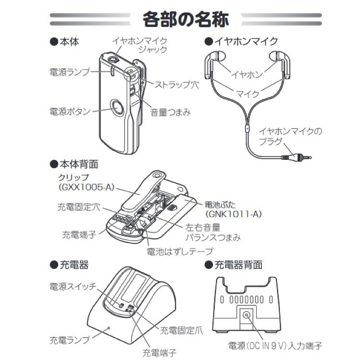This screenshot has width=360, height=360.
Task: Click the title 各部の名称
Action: coord(185,21)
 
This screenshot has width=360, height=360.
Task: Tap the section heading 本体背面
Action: coord(77,164)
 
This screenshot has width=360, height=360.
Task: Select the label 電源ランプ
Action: coord(70,72)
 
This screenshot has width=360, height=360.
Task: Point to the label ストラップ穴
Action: coord(176,84)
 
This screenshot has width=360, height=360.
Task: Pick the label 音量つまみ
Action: coord(170,112)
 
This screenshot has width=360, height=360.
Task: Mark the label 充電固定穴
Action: coord(77,208)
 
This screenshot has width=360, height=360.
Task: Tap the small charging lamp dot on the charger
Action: coord(109,327)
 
